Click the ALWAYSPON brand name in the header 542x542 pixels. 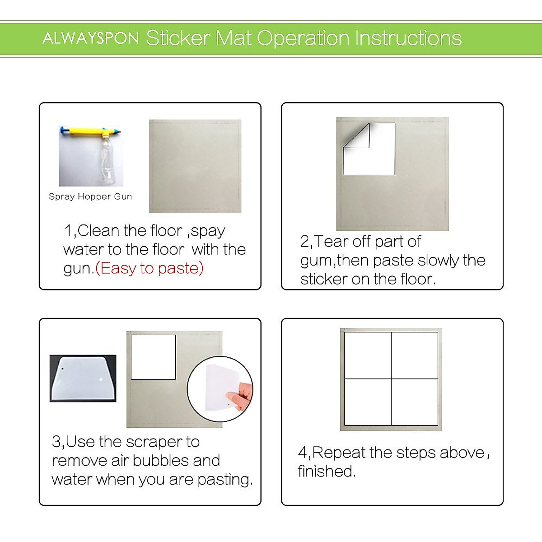click(90, 38)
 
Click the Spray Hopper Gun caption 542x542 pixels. click(90, 196)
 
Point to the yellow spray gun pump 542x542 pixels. click(90, 132)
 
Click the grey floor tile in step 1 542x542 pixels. click(195, 166)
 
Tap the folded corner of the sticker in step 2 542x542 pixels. click(357, 135)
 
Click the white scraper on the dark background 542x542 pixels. click(83, 378)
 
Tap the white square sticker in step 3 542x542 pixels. click(153, 357)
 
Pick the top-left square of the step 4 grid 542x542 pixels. click(368, 355)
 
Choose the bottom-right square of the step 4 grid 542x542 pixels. click(415, 402)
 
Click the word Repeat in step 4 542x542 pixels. click(339, 453)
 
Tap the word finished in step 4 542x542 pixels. click(326, 472)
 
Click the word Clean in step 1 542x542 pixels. click(98, 231)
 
